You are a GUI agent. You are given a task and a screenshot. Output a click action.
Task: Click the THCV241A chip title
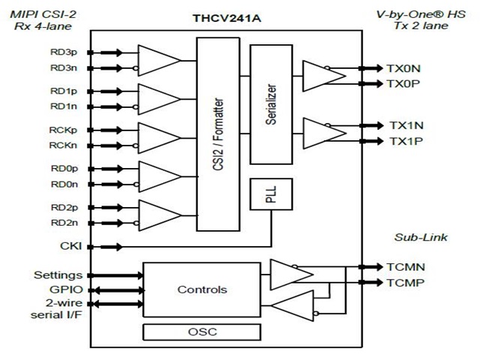click(x=226, y=18)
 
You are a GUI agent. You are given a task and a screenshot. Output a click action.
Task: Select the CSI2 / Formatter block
click(x=218, y=134)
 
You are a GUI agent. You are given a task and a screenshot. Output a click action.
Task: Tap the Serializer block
click(x=271, y=104)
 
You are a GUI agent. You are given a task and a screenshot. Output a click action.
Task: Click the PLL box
click(x=271, y=194)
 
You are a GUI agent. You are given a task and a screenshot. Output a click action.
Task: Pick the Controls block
click(x=202, y=289)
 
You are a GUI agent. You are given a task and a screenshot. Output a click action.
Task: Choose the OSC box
click(x=202, y=331)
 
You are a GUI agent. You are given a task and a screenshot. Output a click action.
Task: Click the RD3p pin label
click(x=64, y=52)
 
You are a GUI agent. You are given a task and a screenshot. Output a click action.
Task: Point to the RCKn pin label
click(x=63, y=145)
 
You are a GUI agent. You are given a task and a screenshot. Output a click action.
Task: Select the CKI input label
click(x=71, y=246)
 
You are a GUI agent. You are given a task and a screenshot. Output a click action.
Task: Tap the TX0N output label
click(x=403, y=68)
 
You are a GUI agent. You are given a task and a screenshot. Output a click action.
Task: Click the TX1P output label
click(x=406, y=141)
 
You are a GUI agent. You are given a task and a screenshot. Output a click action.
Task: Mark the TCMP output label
click(x=405, y=283)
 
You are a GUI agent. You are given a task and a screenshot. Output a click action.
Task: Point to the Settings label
click(x=58, y=275)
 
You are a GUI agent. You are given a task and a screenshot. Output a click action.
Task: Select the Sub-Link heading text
click(x=421, y=237)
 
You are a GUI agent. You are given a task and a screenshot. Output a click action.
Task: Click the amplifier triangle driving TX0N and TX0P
click(x=323, y=76)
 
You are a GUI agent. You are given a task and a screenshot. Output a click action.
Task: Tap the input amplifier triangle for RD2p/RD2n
click(x=160, y=215)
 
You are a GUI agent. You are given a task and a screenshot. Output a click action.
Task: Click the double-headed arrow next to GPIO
click(x=118, y=290)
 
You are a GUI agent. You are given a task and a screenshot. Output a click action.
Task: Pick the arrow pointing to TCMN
click(x=370, y=267)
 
